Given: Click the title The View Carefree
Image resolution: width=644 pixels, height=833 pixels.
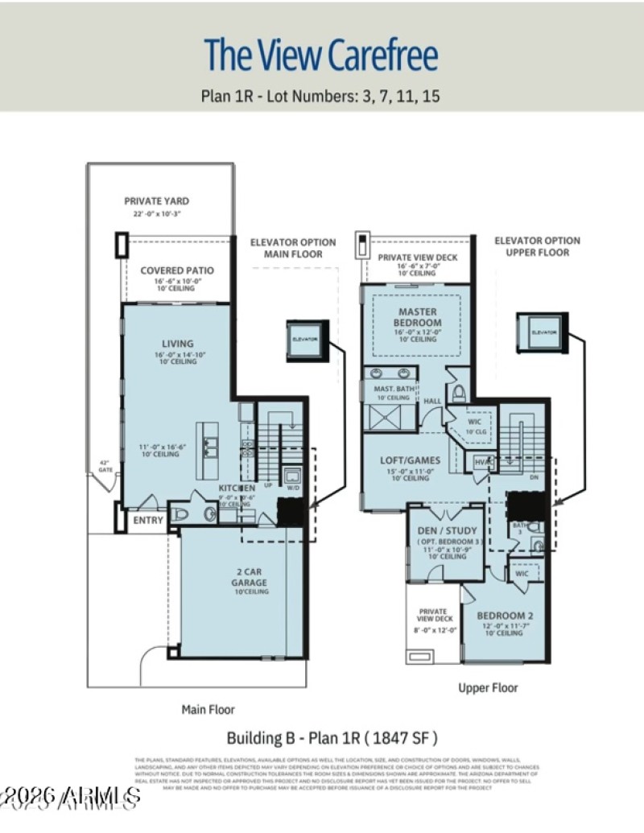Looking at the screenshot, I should click(321, 55).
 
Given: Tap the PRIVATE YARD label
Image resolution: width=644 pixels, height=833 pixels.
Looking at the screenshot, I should click(157, 201).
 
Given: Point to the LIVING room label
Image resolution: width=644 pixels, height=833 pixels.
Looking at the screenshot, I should click(177, 344).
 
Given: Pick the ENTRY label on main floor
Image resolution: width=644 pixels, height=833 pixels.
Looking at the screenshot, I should click(147, 521).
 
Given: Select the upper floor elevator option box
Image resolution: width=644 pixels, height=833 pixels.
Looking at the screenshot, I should click(543, 331).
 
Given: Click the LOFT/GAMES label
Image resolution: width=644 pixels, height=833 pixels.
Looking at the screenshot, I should click(410, 460).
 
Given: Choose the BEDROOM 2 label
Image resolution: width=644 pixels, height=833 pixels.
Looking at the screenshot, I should click(506, 616).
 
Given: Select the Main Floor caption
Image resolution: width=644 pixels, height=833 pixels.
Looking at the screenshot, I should click(208, 710).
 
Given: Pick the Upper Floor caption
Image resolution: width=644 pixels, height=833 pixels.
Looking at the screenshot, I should click(489, 688).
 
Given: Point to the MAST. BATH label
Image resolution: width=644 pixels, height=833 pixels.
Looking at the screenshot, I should click(394, 388).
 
